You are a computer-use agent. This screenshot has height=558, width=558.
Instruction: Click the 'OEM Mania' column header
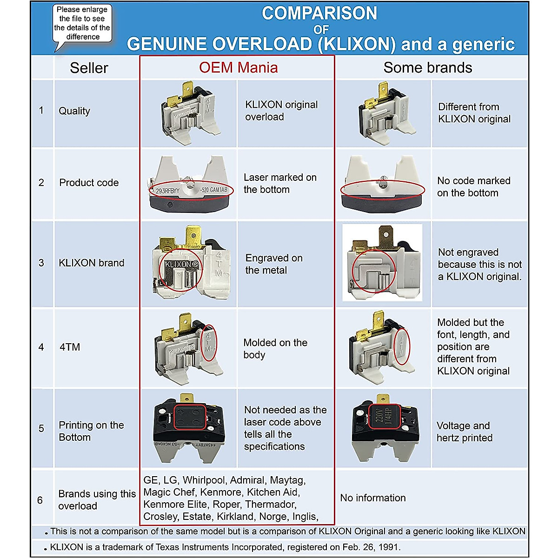tap(238, 68)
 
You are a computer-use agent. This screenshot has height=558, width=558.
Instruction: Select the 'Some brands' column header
tap(427, 68)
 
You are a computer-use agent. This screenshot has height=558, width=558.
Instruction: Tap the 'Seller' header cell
tap(89, 68)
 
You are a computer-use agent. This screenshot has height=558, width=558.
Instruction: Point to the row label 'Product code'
tap(89, 183)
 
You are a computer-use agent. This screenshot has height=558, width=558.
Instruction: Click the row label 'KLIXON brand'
tap(91, 263)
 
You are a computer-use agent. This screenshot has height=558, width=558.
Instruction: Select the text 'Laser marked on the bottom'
tap(280, 184)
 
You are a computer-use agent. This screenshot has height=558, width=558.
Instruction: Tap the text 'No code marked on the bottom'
tap(473, 187)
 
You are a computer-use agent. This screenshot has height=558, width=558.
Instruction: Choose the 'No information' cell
tap(373, 498)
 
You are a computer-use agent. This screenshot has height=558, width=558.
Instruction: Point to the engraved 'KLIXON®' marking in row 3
tap(181, 264)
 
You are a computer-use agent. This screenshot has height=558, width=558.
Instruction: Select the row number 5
tap(41, 428)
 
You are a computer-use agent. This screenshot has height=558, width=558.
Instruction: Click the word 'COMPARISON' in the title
tap(319, 13)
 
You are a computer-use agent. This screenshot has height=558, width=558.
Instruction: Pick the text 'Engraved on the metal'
tap(273, 264)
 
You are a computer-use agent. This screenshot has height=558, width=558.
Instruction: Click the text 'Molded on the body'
tap(275, 349)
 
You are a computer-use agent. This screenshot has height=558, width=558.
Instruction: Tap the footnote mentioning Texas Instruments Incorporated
tap(225, 547)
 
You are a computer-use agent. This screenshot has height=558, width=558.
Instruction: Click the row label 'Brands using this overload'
tap(97, 500)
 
